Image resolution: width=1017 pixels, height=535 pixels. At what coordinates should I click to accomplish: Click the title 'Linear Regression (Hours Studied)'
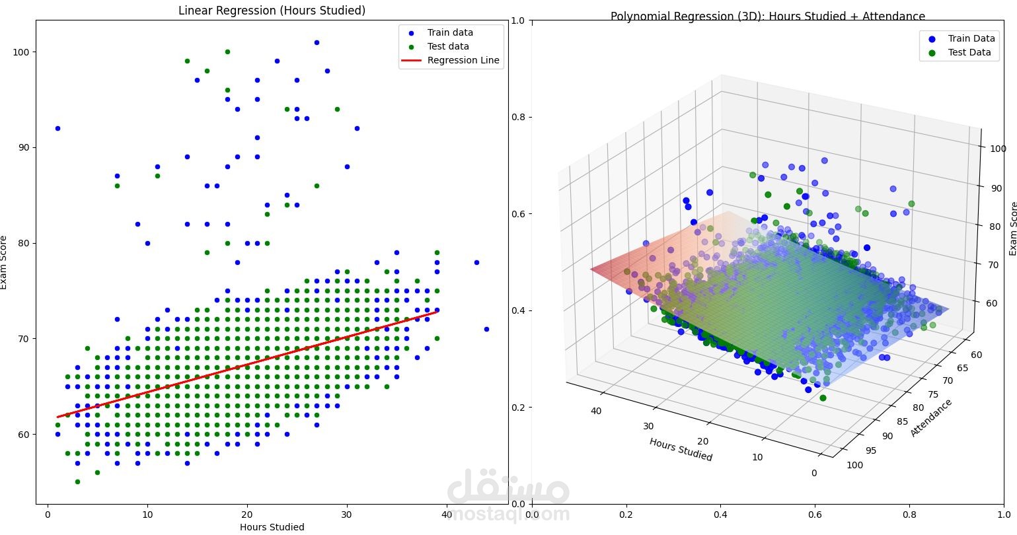(x=272, y=11)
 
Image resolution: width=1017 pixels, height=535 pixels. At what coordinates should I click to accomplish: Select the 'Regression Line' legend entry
(x=463, y=60)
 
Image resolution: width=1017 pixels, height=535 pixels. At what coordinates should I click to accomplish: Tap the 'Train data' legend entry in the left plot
(x=450, y=32)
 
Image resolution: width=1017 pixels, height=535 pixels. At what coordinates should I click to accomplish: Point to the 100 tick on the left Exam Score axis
(x=21, y=52)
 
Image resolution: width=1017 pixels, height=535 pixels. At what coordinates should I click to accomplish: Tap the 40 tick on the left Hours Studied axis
(x=447, y=515)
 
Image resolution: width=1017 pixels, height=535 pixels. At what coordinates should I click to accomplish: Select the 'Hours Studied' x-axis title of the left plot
(x=272, y=527)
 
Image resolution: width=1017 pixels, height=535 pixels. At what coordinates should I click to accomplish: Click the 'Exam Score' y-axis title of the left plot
(x=5, y=262)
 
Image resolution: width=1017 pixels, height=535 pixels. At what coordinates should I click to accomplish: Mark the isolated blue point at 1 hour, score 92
(x=57, y=128)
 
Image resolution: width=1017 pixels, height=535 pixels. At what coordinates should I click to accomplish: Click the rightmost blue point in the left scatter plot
(x=486, y=329)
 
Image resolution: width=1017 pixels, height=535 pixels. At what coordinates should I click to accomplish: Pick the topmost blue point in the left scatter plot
(x=317, y=42)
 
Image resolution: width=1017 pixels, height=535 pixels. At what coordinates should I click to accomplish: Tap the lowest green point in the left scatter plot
(x=77, y=482)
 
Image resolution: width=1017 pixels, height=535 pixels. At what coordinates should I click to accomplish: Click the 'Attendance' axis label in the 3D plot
(x=931, y=417)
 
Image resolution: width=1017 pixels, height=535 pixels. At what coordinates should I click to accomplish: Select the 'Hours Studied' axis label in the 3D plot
(x=681, y=449)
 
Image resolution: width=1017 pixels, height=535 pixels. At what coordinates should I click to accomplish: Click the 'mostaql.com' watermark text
(x=508, y=514)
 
